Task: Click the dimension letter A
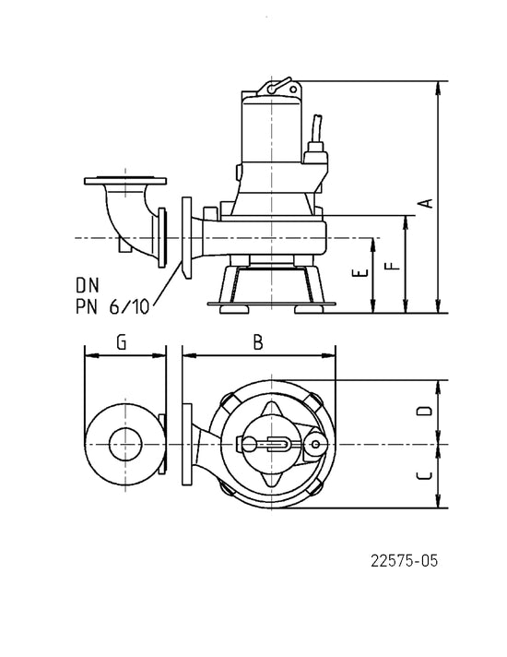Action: (x=426, y=203)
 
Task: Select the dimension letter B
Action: (x=258, y=342)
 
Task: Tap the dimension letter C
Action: (x=424, y=475)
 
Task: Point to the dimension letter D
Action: (x=424, y=411)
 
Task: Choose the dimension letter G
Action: (x=121, y=342)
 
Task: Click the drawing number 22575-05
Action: (x=404, y=561)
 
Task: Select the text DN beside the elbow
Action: (x=88, y=285)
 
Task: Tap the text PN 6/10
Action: (x=112, y=307)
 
